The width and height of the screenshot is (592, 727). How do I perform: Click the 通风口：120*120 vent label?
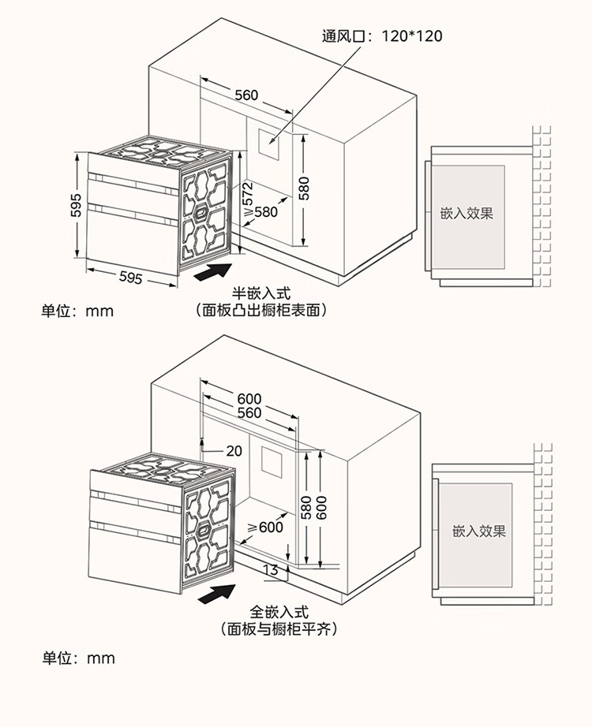coord(382,35)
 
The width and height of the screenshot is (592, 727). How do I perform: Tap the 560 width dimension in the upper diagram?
coord(246,95)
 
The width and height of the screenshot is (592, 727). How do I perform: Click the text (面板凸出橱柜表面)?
coord(261,311)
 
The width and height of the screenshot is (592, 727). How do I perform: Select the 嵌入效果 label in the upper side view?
coord(466,214)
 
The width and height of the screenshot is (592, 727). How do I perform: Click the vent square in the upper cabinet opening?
coord(271,142)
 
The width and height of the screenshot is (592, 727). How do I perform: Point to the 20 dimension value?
coord(234,451)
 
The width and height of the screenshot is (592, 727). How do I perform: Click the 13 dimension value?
coord(270,570)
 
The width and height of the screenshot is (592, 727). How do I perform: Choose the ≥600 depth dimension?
coord(265,527)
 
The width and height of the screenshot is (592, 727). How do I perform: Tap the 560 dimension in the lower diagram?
coord(249,413)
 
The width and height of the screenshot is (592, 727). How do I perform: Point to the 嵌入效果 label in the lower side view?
coord(478,531)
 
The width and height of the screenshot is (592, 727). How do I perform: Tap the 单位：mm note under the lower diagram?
coord(78,658)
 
